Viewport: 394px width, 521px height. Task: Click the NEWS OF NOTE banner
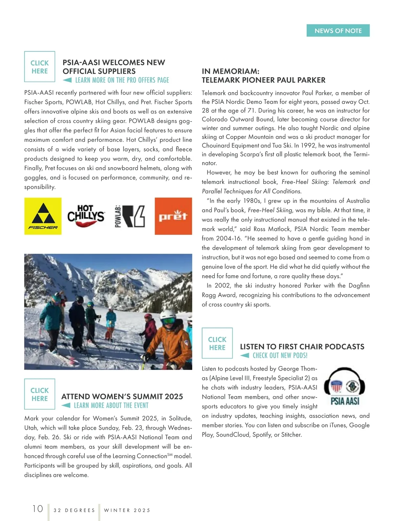338,31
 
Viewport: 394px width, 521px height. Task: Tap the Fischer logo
43,216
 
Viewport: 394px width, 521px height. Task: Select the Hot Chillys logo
86,216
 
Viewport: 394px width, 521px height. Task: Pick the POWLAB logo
130,216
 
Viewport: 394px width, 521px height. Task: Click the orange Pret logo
173,216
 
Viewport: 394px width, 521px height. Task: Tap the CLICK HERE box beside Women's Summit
40,394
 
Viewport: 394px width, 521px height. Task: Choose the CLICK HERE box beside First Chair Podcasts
217,343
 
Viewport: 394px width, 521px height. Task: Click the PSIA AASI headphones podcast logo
345,387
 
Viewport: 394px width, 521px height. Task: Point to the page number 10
38,509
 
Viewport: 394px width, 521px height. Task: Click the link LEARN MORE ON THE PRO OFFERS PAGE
122,80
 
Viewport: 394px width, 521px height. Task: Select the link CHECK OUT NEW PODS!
280,355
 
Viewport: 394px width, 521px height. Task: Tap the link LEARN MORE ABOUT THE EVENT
111,405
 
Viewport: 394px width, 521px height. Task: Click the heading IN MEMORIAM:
230,71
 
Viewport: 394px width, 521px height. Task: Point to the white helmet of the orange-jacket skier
168,316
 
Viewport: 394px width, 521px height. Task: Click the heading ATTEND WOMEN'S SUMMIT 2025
122,396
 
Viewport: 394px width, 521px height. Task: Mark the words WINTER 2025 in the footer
127,510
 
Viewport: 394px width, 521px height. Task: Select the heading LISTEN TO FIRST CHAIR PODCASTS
302,347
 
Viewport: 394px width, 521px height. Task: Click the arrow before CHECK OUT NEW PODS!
245,355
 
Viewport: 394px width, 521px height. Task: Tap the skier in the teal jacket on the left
52,315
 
